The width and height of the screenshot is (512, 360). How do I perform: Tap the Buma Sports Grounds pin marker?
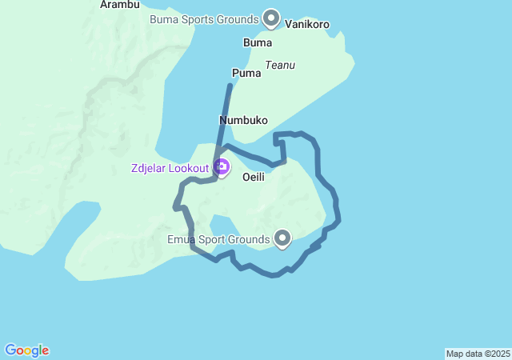(271, 18)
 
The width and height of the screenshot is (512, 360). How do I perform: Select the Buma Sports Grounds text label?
(204, 18)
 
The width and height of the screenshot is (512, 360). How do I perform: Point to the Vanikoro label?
(306, 25)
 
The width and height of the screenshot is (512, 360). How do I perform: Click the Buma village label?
(257, 42)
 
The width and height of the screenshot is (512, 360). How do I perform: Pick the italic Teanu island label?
(280, 65)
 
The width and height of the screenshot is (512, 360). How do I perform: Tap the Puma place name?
(246, 73)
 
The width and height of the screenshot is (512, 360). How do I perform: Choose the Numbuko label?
(243, 120)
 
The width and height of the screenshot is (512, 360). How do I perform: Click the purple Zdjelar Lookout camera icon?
(222, 167)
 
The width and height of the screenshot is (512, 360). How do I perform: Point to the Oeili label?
(254, 176)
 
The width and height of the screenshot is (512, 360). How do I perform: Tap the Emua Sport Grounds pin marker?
(282, 238)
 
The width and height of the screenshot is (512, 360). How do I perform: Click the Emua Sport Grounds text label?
(218, 239)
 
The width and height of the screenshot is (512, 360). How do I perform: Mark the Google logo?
(27, 350)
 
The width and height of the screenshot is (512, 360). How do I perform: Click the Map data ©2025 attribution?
(478, 354)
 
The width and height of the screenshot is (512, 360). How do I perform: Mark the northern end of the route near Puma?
(230, 86)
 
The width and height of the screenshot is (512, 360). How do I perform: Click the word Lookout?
(190, 168)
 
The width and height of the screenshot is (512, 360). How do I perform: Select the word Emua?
(181, 239)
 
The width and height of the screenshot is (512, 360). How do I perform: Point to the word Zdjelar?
(150, 168)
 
